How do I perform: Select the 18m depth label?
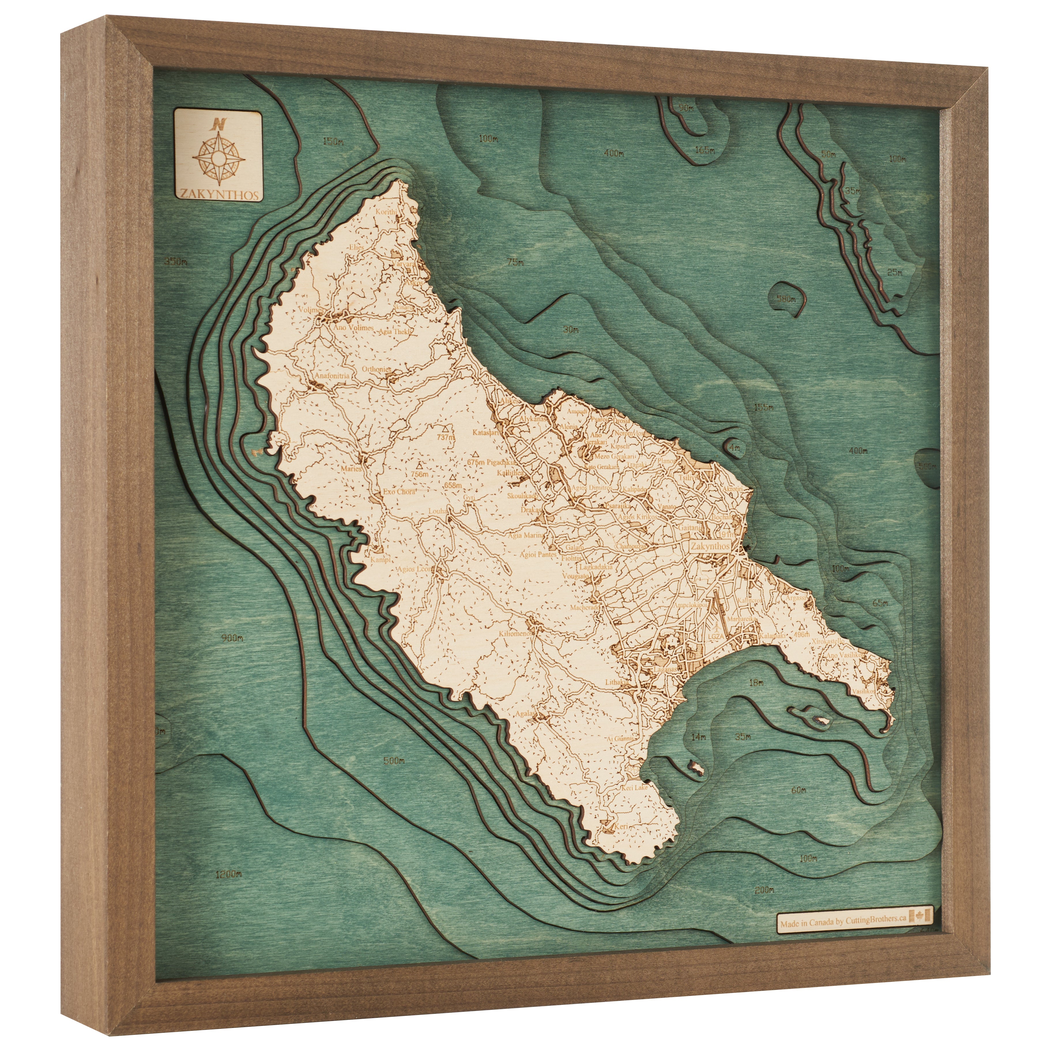click(756, 682)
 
